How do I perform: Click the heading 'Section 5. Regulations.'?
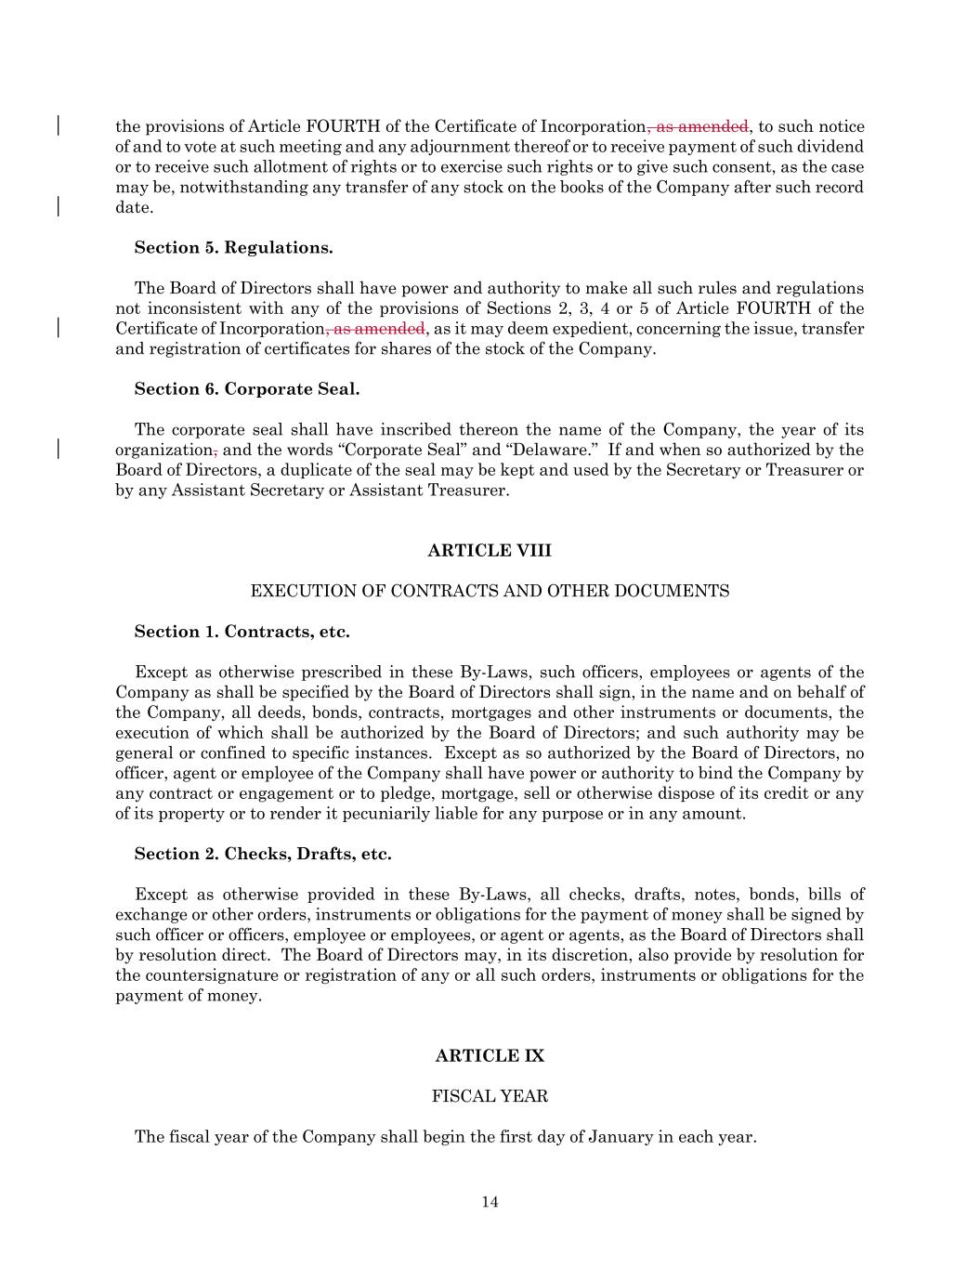click(x=233, y=248)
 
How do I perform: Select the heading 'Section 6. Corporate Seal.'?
click(x=246, y=389)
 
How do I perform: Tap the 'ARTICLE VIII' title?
click(x=490, y=551)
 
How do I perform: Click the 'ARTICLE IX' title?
click(x=490, y=1056)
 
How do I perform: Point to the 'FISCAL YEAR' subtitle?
click(x=490, y=1097)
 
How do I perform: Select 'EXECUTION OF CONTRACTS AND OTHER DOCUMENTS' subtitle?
click(x=490, y=592)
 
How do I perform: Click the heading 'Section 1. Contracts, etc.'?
click(x=242, y=633)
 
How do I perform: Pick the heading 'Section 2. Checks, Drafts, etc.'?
click(x=263, y=855)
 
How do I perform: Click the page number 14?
click(x=490, y=1203)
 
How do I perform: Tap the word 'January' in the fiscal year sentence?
click(x=621, y=1137)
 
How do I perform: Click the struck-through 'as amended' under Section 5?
click(x=378, y=329)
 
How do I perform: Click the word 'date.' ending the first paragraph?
click(x=134, y=208)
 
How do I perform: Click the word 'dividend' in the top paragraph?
click(x=832, y=148)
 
